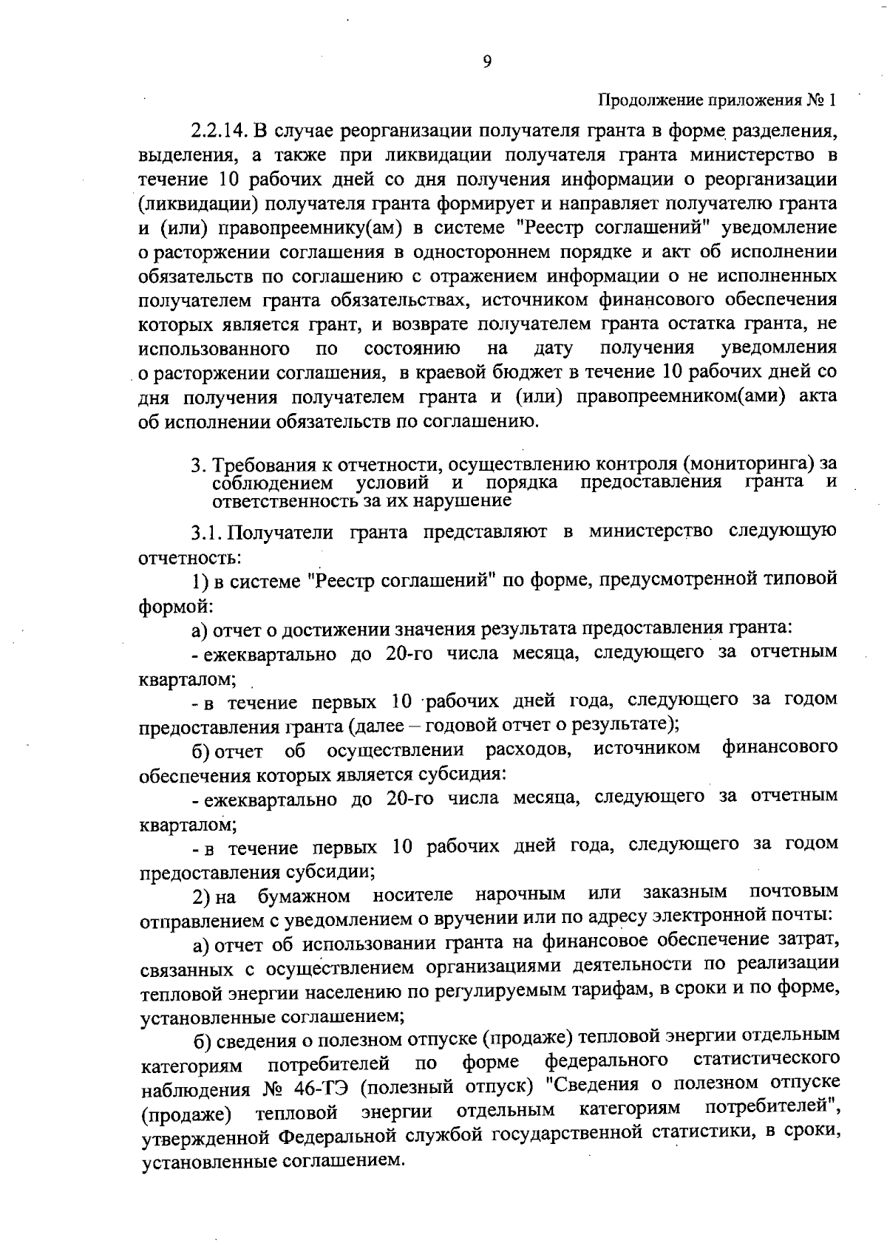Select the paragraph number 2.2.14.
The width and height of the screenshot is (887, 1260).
click(219, 132)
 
